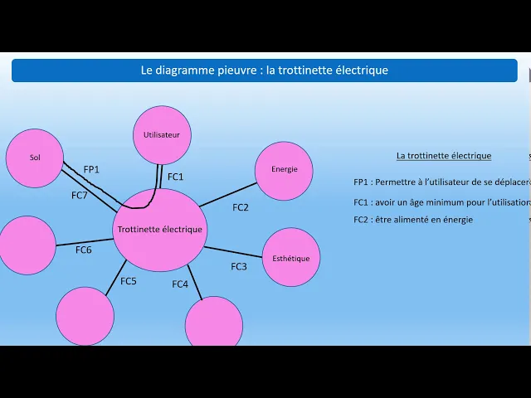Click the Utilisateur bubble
[162, 135]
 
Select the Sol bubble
[35, 158]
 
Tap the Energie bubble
[284, 170]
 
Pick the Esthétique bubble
[291, 258]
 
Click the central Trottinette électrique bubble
[159, 230]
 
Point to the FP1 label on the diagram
[91, 170]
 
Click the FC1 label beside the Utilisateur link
[176, 177]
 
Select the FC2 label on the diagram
[241, 207]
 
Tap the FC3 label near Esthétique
[239, 266]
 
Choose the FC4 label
[180, 284]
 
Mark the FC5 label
[129, 281]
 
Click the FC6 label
[84, 250]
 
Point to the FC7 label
[80, 196]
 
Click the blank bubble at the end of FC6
[27, 245]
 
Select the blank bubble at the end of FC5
[85, 316]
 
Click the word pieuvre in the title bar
[234, 70]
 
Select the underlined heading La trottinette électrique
[444, 155]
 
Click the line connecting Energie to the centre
[228, 194]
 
